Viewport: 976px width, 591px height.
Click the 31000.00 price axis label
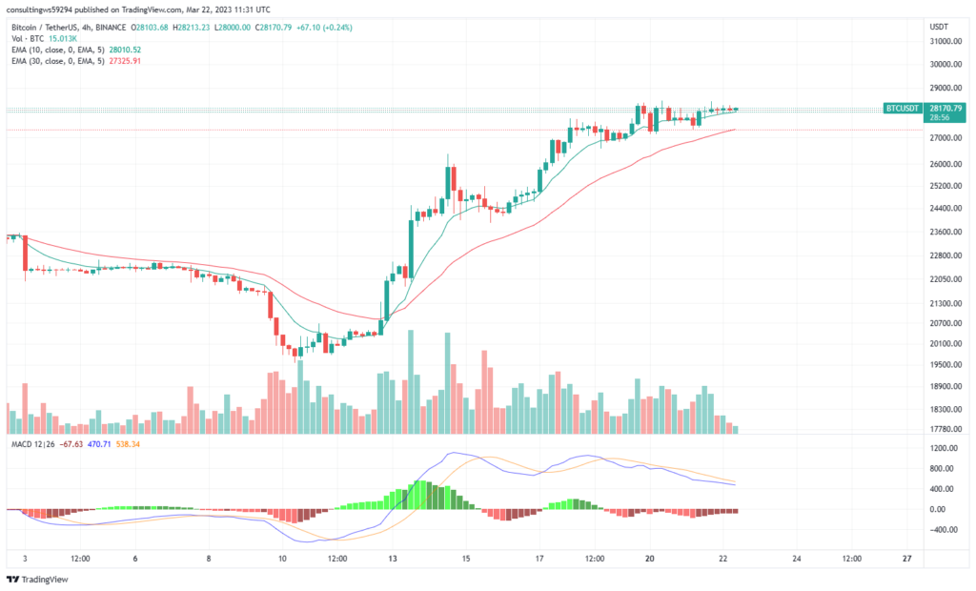click(943, 41)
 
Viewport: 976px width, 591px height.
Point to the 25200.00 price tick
click(943, 187)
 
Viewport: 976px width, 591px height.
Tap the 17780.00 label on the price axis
click(943, 429)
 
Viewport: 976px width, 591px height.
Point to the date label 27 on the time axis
click(906, 559)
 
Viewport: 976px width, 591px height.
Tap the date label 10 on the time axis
click(281, 559)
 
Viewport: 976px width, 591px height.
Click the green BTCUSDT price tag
click(903, 109)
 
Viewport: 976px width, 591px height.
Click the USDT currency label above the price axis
click(939, 27)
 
